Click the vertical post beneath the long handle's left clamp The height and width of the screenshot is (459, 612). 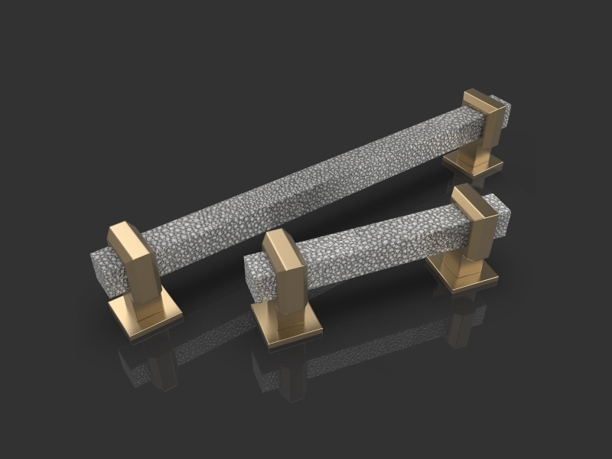pyautogui.click(x=145, y=298)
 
